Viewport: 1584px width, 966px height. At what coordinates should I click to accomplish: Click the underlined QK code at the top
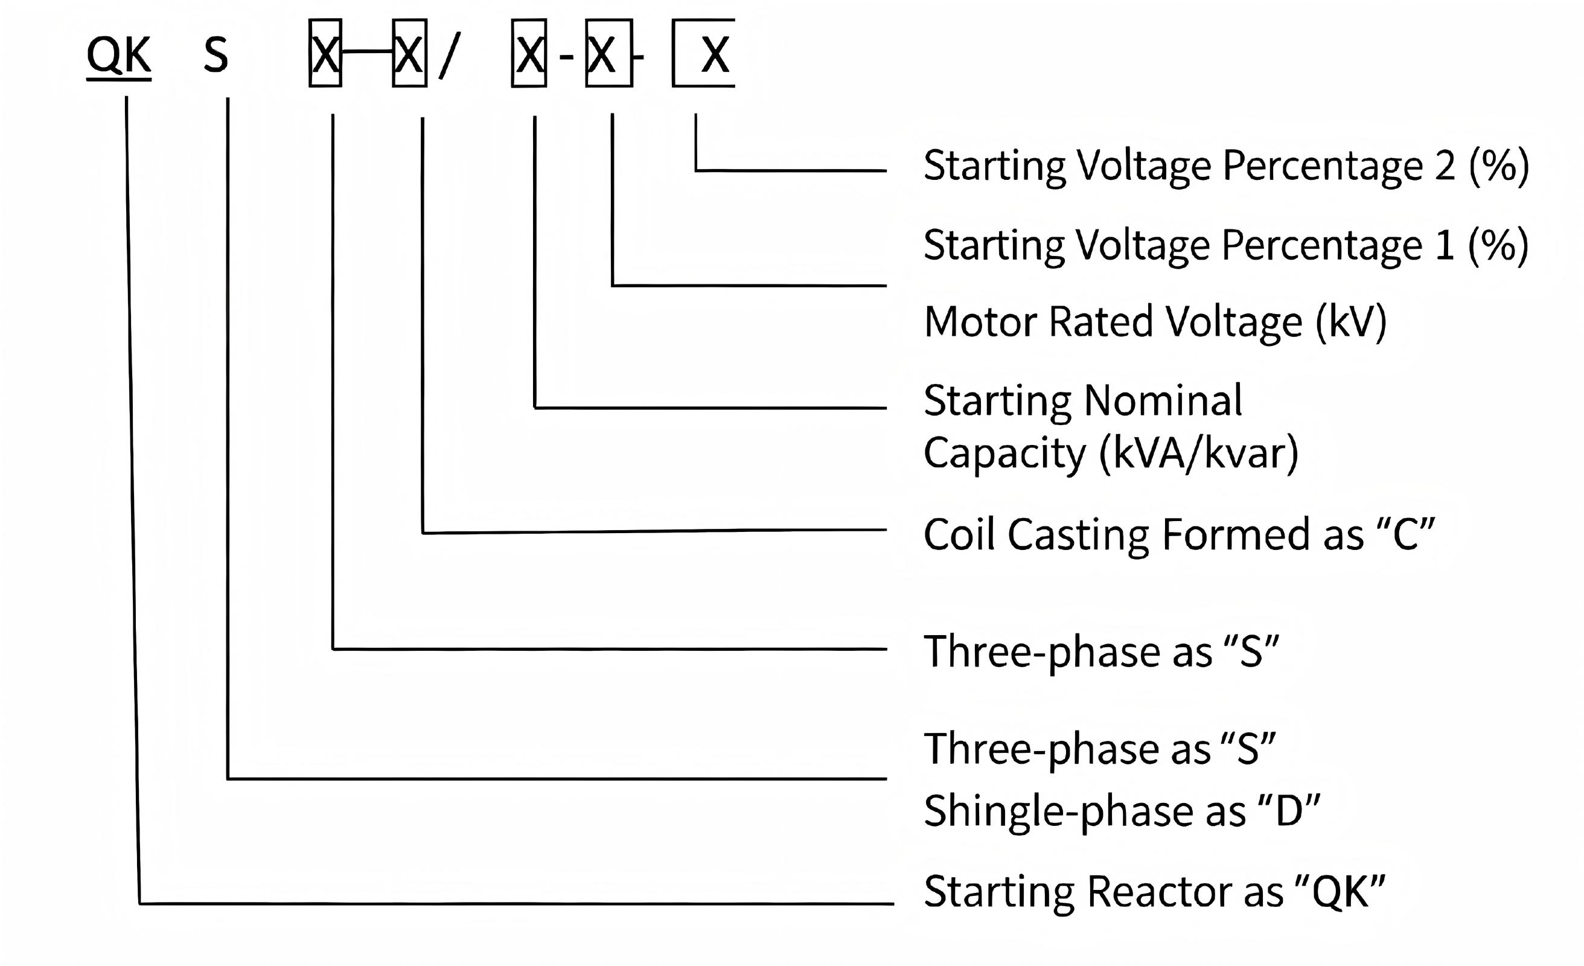click(x=119, y=57)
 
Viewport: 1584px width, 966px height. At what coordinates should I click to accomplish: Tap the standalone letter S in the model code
click(x=216, y=56)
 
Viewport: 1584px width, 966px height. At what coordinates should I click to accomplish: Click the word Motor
click(x=980, y=322)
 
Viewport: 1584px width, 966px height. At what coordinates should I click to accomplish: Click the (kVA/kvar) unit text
click(x=1199, y=453)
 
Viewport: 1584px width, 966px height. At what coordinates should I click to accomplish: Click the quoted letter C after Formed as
click(x=1406, y=534)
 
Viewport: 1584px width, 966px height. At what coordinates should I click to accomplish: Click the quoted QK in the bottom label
click(x=1340, y=892)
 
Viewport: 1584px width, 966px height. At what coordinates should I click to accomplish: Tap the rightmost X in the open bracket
click(x=715, y=56)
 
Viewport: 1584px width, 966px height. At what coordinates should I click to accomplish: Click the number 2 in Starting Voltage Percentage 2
click(x=1445, y=165)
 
